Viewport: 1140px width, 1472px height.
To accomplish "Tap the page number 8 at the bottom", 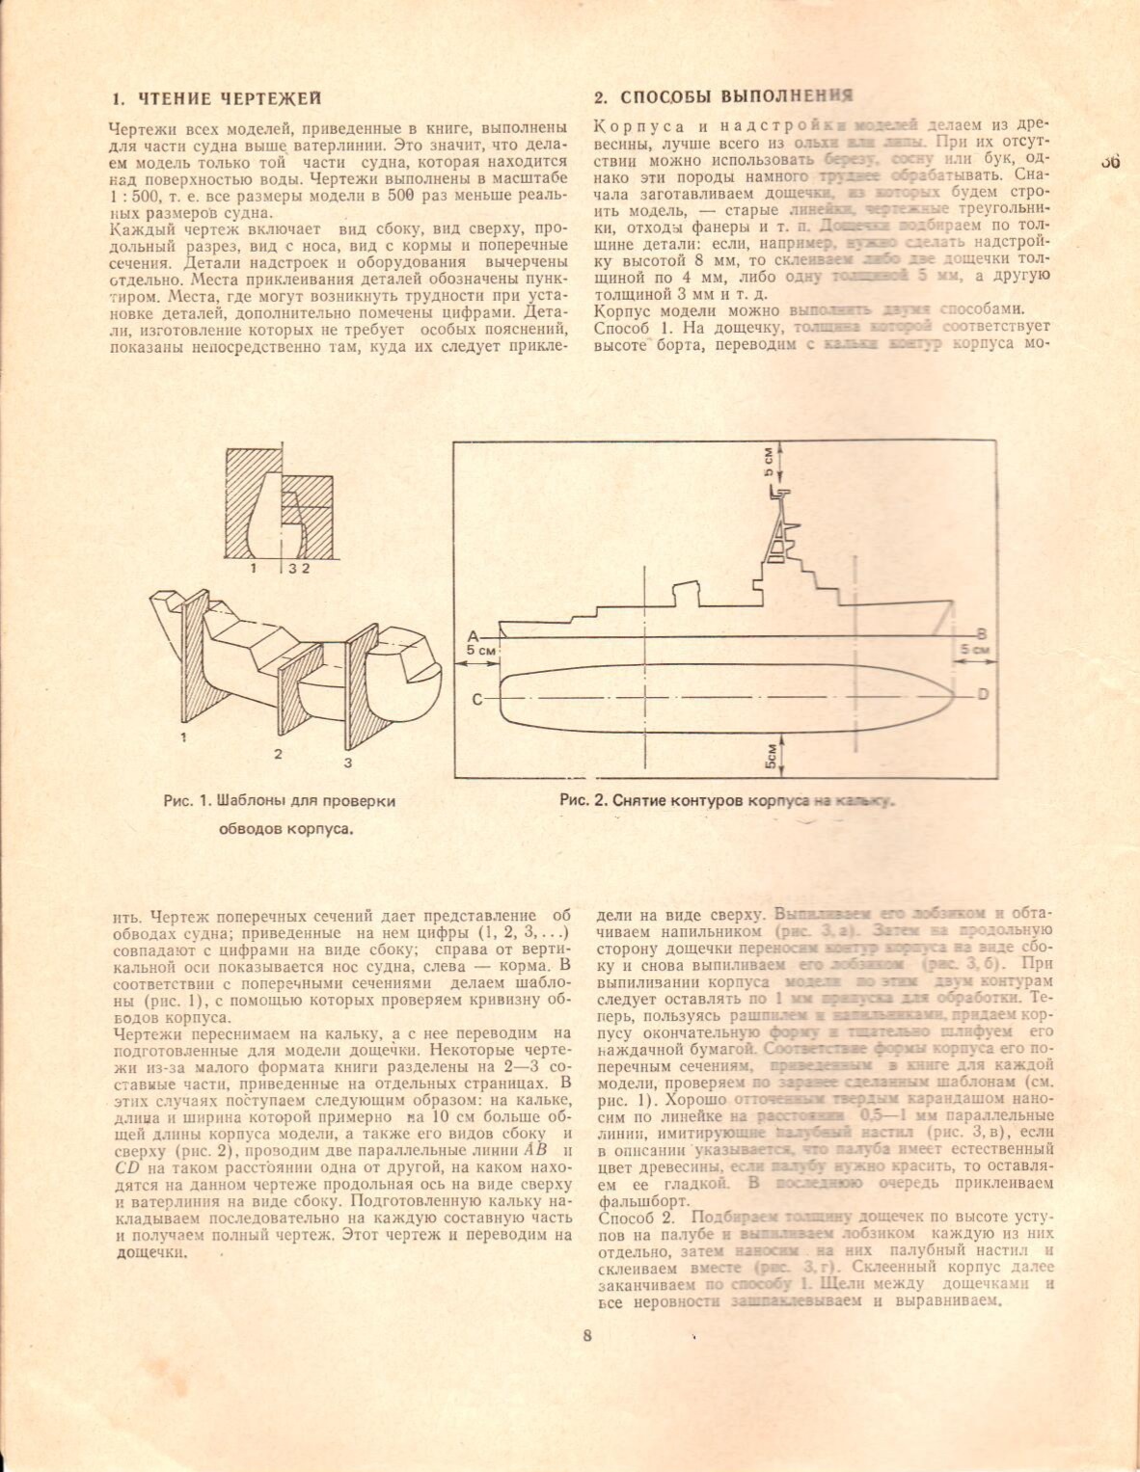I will pos(586,1335).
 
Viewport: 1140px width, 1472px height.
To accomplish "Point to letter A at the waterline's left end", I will pos(473,636).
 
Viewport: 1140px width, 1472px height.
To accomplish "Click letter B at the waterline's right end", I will pos(981,634).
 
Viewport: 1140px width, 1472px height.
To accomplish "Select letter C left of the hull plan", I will pos(476,700).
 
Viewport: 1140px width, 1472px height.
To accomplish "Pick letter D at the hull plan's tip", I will pos(983,694).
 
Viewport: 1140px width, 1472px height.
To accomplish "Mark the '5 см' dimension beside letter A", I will pos(480,651).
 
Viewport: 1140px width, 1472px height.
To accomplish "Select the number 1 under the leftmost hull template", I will pos(182,737).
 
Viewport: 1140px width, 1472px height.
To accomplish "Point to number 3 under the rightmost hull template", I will pos(348,763).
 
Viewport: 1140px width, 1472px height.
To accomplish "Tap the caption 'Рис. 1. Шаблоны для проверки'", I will pos(280,801).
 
